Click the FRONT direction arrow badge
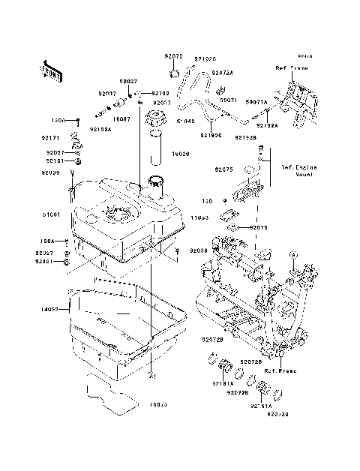tap(48, 71)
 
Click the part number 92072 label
tap(174, 57)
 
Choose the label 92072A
tap(222, 73)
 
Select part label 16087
tap(122, 118)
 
